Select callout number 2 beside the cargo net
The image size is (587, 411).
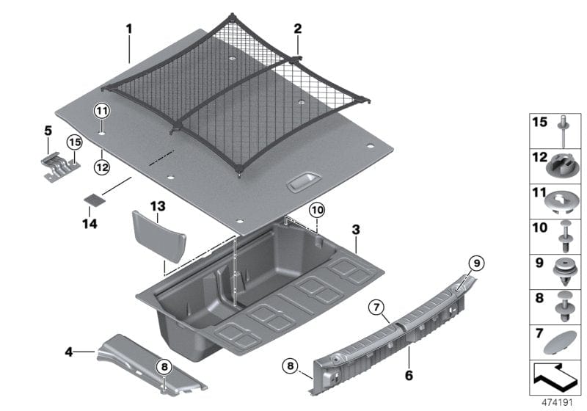[x=298, y=29]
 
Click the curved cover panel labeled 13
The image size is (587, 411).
[x=158, y=235]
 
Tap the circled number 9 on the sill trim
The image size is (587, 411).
[x=475, y=262]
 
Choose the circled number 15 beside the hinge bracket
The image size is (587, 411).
[x=75, y=142]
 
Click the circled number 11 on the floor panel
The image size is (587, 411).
[x=101, y=112]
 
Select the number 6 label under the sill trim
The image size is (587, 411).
[x=408, y=375]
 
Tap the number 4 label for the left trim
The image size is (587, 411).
[x=68, y=352]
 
